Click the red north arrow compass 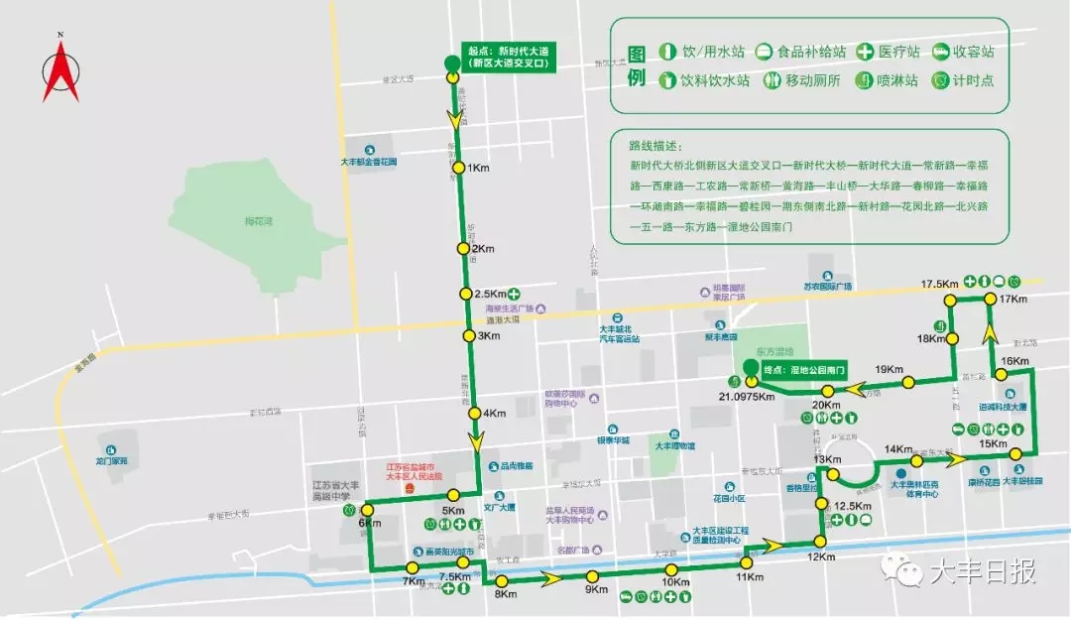[60, 69]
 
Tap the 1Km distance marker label [479, 168]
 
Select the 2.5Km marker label [491, 294]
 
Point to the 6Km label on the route [370, 523]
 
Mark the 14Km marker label [897, 449]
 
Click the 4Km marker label [494, 413]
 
